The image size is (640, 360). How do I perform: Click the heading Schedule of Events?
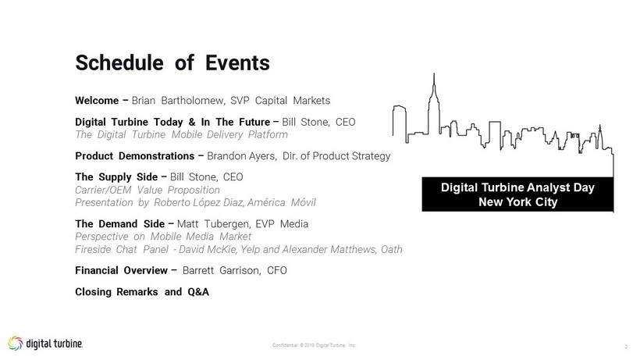pos(172,62)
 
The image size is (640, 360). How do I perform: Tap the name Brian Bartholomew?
pos(177,101)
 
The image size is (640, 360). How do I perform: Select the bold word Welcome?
pos(97,101)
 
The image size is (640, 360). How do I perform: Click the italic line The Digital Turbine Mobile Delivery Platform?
pos(181,134)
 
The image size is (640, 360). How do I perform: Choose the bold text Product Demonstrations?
pos(135,156)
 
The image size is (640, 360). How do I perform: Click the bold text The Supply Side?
pos(116,177)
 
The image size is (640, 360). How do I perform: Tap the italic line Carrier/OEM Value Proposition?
pos(148,190)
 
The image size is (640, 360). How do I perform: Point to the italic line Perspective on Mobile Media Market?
pos(163,237)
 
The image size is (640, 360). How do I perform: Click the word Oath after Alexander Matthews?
pos(392,249)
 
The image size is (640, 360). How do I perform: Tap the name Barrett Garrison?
pos(221,271)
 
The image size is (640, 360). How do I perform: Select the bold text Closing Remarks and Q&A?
pos(142,292)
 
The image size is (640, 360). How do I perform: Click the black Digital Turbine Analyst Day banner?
pos(517,194)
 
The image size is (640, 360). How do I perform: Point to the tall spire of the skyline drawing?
pos(434,84)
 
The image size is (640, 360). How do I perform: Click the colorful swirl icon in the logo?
pos(16,344)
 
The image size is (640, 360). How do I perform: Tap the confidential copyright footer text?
pos(315,345)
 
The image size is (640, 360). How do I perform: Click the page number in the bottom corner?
pos(626,347)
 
